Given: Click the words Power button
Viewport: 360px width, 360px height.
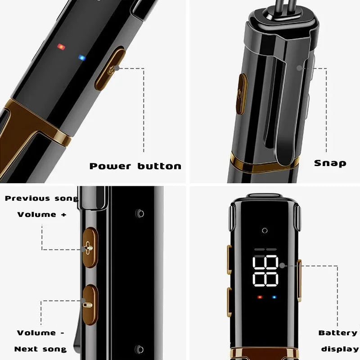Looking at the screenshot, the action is point(135,166).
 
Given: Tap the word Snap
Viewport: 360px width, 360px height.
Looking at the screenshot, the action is point(330,163).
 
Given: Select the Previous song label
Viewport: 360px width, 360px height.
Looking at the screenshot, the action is point(41,198).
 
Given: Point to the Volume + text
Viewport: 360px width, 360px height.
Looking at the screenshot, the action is point(42,215).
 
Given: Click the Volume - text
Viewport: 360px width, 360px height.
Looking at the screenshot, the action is point(40,333).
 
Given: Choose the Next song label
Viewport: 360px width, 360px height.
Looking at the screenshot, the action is point(40,349).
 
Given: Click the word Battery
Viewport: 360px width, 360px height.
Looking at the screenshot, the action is point(338,333).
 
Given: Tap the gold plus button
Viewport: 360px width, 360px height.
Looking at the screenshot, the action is point(90,247).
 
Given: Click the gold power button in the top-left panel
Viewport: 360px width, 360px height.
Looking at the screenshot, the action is point(110,68).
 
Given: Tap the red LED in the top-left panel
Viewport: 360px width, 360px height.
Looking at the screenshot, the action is point(61,47).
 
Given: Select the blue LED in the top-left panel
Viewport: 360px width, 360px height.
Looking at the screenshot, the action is point(82,58).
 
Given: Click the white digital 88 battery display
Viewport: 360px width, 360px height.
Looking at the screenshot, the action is point(265,271).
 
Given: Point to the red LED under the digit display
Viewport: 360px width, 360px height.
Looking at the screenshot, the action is point(260,297).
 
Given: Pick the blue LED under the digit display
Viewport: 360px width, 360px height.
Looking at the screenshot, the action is point(274,297).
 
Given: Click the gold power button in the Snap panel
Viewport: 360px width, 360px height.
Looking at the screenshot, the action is point(241,94).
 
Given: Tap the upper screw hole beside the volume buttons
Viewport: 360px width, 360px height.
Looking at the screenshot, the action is point(139,213).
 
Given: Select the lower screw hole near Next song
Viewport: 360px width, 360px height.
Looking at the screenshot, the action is point(139,349).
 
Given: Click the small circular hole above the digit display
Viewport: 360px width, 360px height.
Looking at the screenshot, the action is point(265,230).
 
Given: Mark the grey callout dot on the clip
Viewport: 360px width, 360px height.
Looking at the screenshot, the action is point(299,68).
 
